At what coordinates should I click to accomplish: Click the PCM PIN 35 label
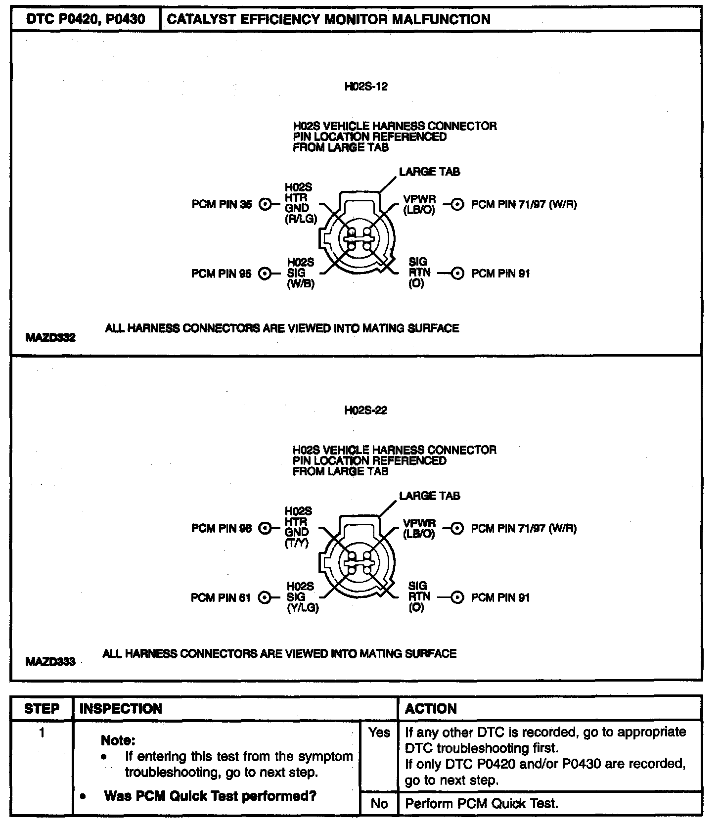[222, 204]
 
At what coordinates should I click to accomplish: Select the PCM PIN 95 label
[222, 274]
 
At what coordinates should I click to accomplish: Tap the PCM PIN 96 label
[222, 529]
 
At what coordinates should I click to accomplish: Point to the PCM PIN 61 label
[221, 598]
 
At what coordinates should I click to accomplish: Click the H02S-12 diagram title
[366, 87]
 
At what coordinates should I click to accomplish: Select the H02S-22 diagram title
[366, 411]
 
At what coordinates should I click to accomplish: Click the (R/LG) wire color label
[301, 219]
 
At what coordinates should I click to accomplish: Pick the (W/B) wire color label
[301, 285]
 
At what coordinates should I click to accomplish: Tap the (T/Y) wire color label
[297, 543]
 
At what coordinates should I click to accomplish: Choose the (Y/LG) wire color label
[303, 608]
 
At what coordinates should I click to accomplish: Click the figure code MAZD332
[50, 338]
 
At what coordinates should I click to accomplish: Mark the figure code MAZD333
[50, 661]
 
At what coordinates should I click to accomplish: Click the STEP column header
[42, 709]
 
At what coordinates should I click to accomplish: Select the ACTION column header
[431, 709]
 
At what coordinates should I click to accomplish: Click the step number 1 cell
[42, 732]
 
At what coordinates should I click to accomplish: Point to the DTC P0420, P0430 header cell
[86, 19]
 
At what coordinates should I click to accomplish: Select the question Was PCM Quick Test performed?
[210, 796]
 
